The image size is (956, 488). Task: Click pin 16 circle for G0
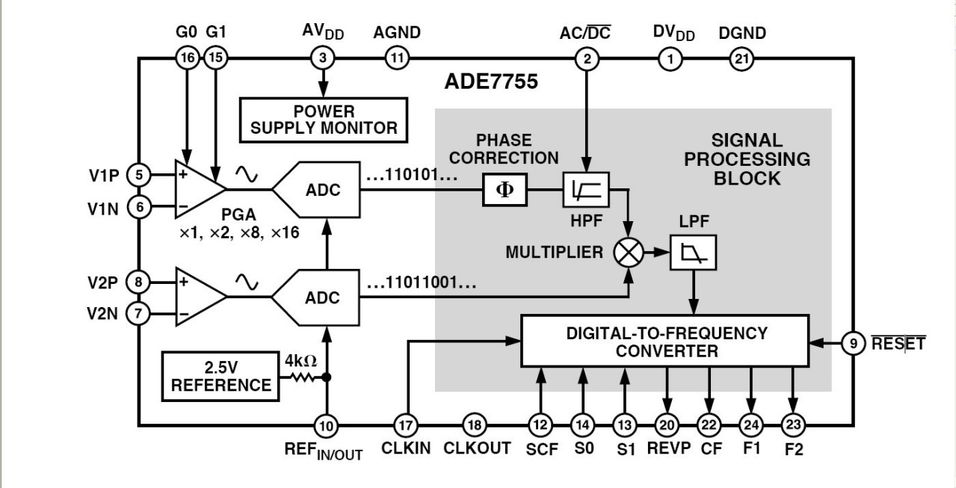(186, 58)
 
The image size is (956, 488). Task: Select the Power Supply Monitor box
(324, 120)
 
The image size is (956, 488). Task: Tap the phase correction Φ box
(505, 189)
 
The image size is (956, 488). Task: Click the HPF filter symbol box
(586, 189)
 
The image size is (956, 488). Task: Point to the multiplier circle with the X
(628, 253)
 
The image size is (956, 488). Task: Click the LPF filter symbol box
(694, 253)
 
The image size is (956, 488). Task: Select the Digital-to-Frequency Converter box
(664, 341)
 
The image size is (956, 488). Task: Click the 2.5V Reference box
(221, 375)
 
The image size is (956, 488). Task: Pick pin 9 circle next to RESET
(852, 343)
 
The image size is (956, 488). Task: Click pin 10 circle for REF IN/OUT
(325, 426)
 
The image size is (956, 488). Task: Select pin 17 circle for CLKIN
(405, 425)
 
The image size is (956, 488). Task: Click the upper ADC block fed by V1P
(318, 190)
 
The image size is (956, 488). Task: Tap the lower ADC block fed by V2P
(318, 297)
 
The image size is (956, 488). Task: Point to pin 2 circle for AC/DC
(587, 58)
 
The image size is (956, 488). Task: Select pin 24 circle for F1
(752, 425)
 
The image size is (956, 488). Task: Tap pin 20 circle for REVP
(666, 425)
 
